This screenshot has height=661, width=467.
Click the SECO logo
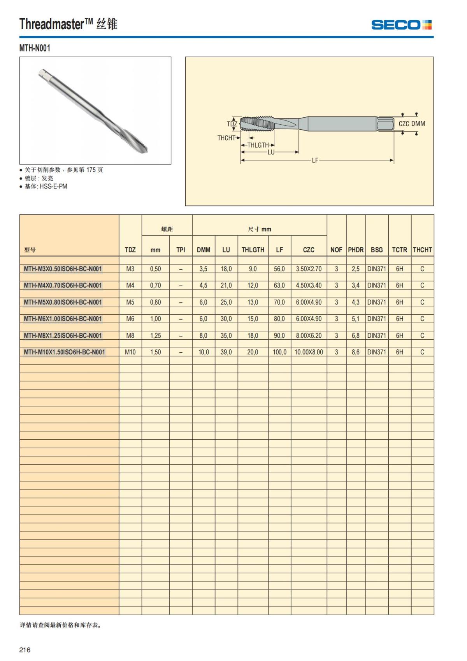point(401,25)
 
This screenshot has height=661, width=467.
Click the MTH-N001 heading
point(35,48)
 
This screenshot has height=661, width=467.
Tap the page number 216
point(25,650)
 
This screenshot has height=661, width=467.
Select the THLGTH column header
point(253,250)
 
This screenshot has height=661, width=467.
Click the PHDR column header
point(355,250)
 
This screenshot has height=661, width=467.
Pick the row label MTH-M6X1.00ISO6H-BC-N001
point(63,319)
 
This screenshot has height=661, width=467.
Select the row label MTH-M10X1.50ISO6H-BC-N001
point(64,352)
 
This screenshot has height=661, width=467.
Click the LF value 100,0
point(279,352)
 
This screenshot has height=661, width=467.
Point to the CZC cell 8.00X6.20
point(309,335)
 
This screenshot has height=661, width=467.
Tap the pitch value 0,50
point(155,269)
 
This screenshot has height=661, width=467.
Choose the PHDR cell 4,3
point(355,302)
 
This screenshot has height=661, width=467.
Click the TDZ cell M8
point(130,335)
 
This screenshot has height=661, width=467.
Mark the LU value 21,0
point(226,286)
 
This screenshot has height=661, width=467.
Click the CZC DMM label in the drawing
point(412,123)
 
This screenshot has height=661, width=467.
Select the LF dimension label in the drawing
point(315,160)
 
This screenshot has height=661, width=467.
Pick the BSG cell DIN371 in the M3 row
point(376,269)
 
